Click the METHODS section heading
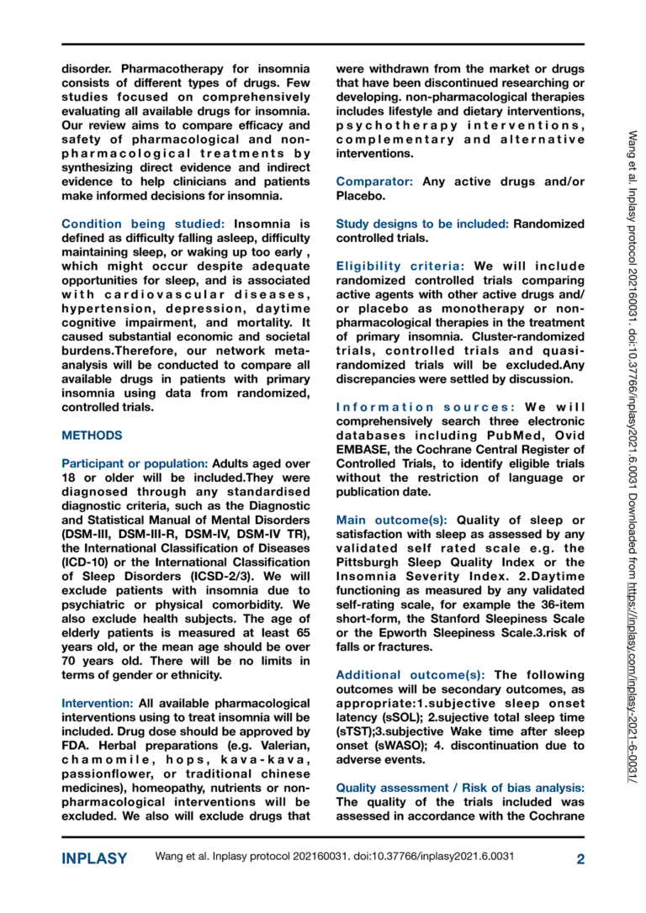point(92,435)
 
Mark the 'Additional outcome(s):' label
point(410,675)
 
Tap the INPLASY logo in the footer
point(95,858)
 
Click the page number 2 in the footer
point(580,858)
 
